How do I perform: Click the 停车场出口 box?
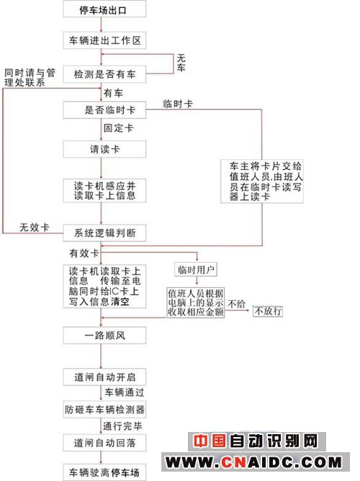pos(104,9)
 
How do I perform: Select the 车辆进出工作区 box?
pos(104,40)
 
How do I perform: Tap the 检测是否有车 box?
pos(104,74)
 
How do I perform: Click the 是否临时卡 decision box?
pos(104,110)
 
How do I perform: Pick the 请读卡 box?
pos(104,149)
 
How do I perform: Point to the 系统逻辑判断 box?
pos(104,233)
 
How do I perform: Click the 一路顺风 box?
pos(104,336)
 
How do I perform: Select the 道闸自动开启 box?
pos(104,377)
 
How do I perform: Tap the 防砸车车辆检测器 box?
pos(104,409)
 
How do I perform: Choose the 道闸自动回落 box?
pos(104,443)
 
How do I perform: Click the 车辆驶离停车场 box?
pos(104,472)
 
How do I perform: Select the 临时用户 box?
pos(196,269)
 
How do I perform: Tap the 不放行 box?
pos(268,311)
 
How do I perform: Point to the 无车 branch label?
pos(181,63)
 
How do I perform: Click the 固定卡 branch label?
pos(118,128)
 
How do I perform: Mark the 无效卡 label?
pos(35,228)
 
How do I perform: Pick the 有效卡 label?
pos(84,253)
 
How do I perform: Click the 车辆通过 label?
pos(124,392)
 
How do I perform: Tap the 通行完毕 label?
pos(122,426)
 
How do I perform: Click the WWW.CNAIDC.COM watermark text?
pos(253,462)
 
